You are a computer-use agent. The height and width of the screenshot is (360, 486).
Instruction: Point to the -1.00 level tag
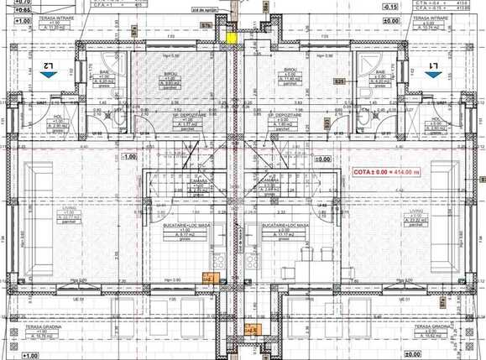[128, 157]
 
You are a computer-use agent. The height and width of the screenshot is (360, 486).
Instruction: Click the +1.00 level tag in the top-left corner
[23, 18]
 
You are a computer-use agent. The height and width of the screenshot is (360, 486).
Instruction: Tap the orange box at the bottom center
[252, 330]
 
